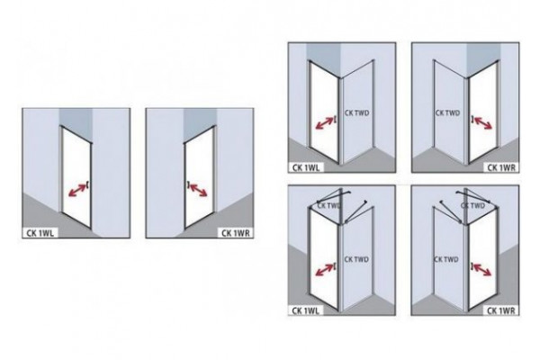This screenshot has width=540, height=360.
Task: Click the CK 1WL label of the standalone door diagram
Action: click(x=40, y=233)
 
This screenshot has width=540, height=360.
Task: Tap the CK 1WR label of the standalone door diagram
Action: click(x=236, y=233)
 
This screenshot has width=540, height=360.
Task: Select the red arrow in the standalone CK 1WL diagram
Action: click(x=77, y=190)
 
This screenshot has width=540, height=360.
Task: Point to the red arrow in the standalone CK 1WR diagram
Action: click(x=199, y=190)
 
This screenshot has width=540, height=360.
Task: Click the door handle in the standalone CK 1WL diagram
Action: click(x=88, y=185)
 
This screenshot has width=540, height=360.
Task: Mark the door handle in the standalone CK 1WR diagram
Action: click(x=188, y=184)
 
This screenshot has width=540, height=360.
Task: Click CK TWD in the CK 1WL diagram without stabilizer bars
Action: click(x=356, y=113)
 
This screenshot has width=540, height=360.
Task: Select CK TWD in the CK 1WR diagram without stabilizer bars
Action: click(x=447, y=113)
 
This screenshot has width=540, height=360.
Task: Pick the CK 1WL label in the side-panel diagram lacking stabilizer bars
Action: click(x=306, y=167)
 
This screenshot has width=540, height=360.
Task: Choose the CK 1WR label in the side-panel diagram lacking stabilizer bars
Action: click(x=501, y=167)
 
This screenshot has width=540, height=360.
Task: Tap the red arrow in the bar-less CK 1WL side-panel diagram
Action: click(x=324, y=123)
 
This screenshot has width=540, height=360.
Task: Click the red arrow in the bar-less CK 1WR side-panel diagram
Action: click(x=482, y=123)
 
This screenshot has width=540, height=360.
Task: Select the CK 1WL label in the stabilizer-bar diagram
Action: click(x=306, y=310)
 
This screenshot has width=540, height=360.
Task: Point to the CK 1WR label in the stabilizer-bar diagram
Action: click(x=501, y=310)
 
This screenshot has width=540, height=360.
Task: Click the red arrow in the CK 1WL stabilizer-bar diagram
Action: click(x=324, y=270)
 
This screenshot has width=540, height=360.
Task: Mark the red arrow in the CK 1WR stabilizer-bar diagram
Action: click(x=482, y=270)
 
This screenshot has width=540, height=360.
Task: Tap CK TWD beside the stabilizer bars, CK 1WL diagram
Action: click(x=328, y=206)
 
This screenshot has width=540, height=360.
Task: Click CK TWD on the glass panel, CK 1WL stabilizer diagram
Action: click(x=356, y=259)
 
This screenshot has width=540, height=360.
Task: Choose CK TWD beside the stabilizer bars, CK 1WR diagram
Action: click(x=472, y=206)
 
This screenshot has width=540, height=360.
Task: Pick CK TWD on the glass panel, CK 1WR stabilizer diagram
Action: click(x=446, y=259)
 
